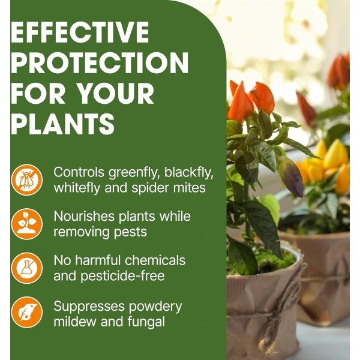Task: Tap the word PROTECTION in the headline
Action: [100, 62]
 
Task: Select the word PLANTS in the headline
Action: [63, 124]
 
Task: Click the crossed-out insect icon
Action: [27, 179]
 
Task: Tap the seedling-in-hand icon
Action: [27, 223]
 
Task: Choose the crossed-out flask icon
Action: [27, 268]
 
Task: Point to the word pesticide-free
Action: [124, 276]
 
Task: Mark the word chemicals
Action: [155, 261]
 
